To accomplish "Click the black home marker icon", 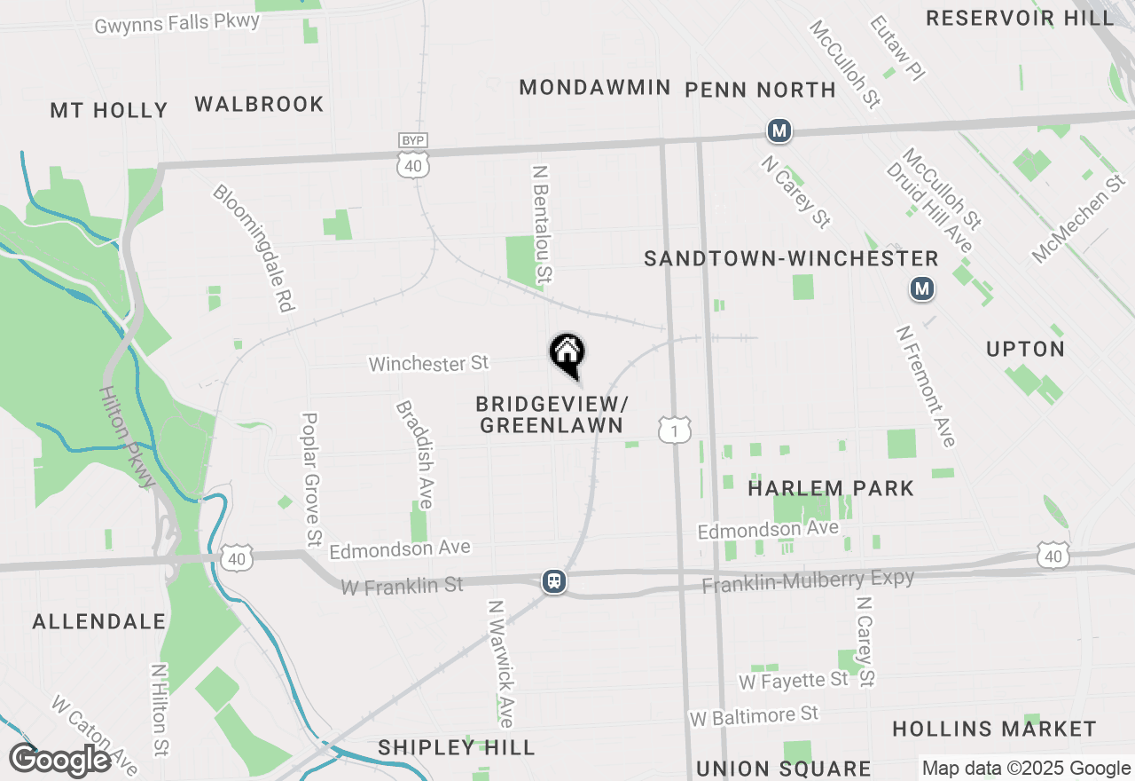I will [567, 354].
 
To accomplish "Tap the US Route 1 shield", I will [675, 430].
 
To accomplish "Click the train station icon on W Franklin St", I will [554, 581].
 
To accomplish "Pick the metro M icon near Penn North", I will [779, 131].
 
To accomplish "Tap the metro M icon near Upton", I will [923, 288].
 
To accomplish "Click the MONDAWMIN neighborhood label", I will [594, 87].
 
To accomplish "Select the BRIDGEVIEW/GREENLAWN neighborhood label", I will [552, 414].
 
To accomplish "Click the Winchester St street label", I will [428, 363].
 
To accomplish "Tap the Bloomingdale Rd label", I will [253, 248].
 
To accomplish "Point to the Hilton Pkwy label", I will [127, 436].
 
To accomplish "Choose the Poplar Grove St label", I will [311, 478].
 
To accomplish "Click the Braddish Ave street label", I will [414, 454].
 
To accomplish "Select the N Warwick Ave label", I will [501, 663].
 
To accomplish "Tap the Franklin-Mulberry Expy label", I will [808, 581].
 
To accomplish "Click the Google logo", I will [59, 760].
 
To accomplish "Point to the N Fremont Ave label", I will [926, 386].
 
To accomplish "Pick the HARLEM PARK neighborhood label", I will [831, 488].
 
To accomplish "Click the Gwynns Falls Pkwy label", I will [177, 22].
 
